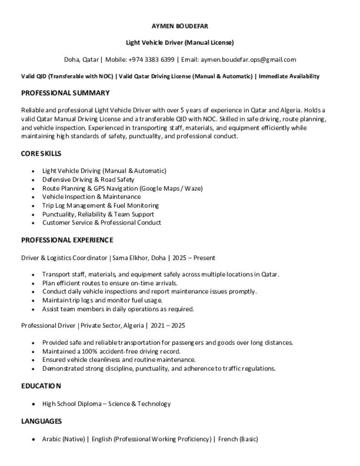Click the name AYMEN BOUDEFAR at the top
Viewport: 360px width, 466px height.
180,26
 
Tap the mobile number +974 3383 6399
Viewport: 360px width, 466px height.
151,60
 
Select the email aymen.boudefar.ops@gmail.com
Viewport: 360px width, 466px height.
248,60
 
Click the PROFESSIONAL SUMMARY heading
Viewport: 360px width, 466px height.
65,93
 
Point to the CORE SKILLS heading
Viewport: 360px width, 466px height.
41,154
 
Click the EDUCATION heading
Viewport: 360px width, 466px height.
41,386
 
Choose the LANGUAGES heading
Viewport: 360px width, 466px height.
41,421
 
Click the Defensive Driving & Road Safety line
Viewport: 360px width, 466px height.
88,180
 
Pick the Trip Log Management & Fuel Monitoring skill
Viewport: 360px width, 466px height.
100,206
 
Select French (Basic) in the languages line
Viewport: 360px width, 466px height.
238,439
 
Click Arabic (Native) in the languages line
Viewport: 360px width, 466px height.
64,439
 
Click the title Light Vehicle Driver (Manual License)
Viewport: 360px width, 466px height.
180,43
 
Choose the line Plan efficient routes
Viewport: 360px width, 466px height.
109,283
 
